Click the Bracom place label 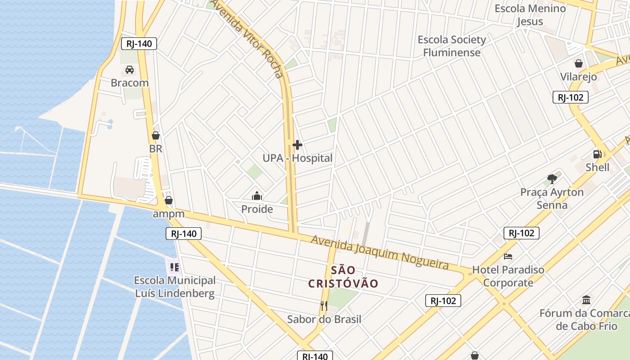[130, 83]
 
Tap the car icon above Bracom [130, 70]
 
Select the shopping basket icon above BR [156, 135]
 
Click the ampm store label [169, 214]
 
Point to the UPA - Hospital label [297, 158]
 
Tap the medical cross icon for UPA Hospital [297, 145]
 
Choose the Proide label [257, 209]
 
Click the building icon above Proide [257, 196]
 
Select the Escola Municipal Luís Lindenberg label [175, 287]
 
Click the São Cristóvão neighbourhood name [343, 277]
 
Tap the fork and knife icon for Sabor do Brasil [324, 306]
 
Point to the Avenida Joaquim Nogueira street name [380, 252]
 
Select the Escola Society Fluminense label [452, 46]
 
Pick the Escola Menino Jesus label [530, 15]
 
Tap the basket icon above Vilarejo [578, 63]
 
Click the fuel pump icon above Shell [598, 154]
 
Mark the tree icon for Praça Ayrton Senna [552, 179]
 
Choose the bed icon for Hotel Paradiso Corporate [508, 256]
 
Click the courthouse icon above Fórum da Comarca [586, 300]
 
